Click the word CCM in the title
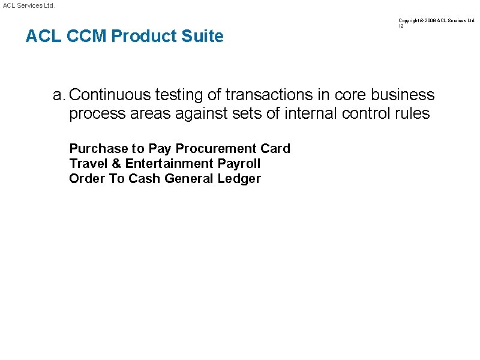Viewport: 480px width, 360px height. click(88, 37)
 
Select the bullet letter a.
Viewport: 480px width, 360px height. click(58, 95)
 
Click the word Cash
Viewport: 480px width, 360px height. click(145, 178)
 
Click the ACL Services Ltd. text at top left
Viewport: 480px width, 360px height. click(29, 5)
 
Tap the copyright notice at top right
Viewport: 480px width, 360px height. click(436, 20)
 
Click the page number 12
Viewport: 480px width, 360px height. click(401, 26)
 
